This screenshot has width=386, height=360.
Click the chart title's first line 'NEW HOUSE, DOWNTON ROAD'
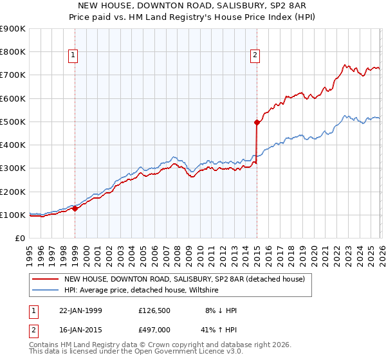[193, 6]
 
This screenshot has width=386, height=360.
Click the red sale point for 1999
[75, 208]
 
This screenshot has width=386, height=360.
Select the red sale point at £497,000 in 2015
[257, 122]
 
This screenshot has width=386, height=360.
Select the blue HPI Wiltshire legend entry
[141, 291]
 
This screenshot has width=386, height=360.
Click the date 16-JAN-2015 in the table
[86, 331]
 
